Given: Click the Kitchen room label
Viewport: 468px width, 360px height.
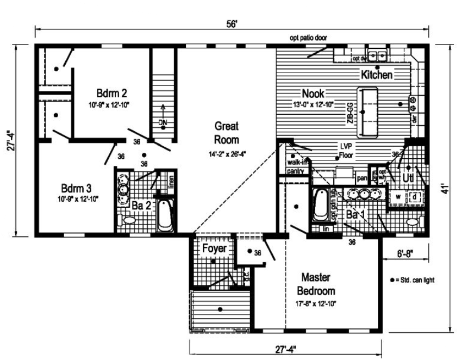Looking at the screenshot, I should [x=376, y=75].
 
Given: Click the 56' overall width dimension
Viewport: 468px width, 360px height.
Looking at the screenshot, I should [x=233, y=23].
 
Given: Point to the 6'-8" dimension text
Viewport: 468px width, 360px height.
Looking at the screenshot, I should [x=405, y=253].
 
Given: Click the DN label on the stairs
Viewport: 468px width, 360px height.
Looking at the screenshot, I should [x=163, y=122].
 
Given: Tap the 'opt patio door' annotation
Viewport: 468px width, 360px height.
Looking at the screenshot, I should [x=308, y=38].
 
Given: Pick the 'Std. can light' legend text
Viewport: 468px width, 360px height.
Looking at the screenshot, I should [x=415, y=280].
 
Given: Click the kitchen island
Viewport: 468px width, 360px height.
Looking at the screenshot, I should [x=367, y=112].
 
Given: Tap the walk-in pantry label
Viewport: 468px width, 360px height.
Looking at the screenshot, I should [x=295, y=166].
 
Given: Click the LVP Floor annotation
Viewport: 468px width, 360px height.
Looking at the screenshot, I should [x=346, y=151].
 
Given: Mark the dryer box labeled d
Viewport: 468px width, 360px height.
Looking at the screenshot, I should [x=415, y=196].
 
